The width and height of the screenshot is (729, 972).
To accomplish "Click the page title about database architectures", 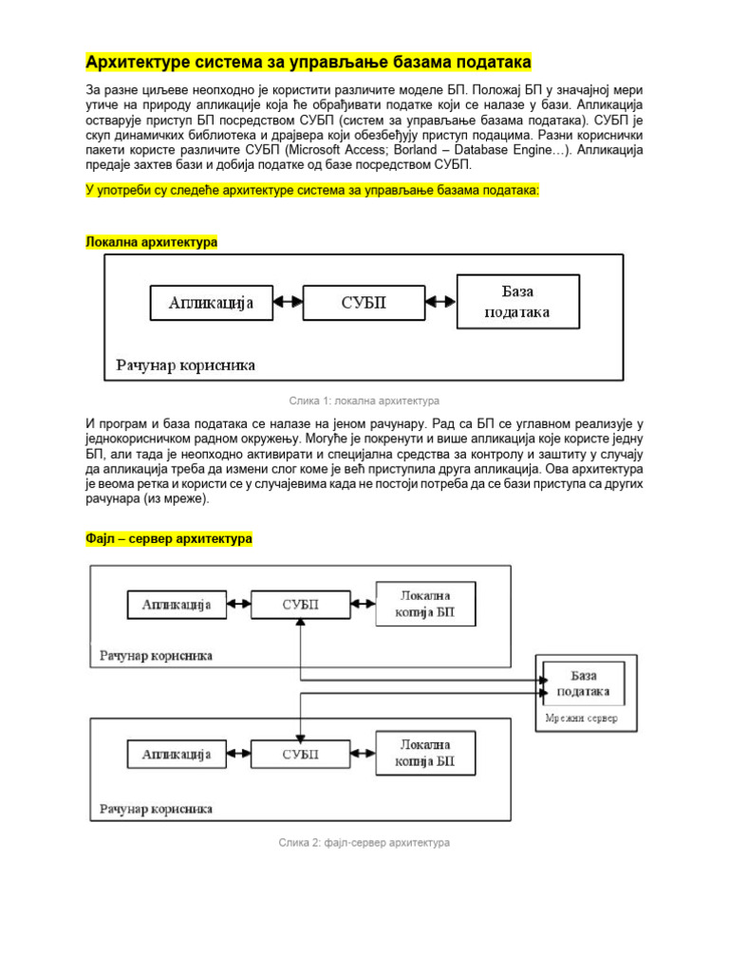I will pos(308,63).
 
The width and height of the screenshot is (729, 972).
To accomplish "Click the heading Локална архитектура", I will pos(152,242).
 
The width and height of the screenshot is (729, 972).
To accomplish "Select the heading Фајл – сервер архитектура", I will pos(169,539).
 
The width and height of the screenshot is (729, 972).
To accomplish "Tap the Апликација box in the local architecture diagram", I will pos(212,303).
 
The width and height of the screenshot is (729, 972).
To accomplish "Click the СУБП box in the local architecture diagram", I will pos(364,303).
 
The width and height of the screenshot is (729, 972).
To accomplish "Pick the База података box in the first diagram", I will pos(517,302).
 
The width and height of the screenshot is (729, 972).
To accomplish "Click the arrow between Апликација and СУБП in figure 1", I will pos(288,303).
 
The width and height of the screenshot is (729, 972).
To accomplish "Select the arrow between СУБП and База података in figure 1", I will pos(440,303).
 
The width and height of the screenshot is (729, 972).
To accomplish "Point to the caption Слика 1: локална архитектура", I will pos(364,401).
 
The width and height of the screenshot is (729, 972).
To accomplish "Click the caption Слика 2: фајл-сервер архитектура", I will pos(364,842).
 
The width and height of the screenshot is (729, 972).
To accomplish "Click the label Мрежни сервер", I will pos(582,718).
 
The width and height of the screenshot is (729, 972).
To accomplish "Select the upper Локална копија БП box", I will pos(424,604).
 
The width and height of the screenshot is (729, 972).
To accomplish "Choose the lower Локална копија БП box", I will pos(424,755).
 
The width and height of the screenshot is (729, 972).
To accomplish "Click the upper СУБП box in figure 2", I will pos(301,604).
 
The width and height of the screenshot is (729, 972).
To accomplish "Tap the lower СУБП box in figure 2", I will pos(301,755).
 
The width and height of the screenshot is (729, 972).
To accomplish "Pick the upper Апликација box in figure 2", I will pos(176,604).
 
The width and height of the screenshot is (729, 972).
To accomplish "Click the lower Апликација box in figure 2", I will pos(176,755).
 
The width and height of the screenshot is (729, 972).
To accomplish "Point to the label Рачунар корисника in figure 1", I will pos(186,364).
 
